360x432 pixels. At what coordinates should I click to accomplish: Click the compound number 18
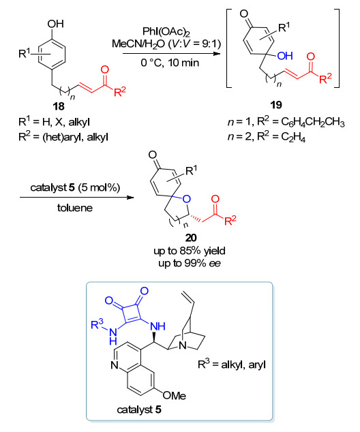pos(59,106)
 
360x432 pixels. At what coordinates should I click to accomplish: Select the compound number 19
pos(276,105)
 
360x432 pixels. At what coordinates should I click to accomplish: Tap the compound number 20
pos(191,238)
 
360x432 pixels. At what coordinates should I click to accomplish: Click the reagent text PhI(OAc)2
pos(166,31)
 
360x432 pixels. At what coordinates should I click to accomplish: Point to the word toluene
pos(75,208)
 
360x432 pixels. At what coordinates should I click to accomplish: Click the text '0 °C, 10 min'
pos(170,63)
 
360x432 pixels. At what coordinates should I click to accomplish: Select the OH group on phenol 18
pos(55,24)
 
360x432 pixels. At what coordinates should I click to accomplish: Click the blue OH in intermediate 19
pos(285,56)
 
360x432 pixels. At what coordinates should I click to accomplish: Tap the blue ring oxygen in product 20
pos(187,199)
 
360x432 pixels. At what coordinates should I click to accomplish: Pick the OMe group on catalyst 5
pos(175,396)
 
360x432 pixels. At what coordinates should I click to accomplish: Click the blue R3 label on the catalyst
pos(97,324)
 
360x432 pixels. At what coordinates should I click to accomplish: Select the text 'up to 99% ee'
pos(190,264)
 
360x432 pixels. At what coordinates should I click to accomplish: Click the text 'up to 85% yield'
pos(190,251)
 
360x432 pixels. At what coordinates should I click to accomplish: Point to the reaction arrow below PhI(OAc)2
pos(172,53)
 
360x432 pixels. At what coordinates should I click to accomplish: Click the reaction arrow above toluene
pos(76,198)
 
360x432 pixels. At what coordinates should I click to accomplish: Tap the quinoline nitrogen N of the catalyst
pos(115,365)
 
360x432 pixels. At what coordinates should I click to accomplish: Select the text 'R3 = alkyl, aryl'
pos(232,365)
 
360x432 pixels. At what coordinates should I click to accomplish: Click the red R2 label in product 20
pos(230,220)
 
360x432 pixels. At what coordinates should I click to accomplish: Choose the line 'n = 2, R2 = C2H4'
pos(267,136)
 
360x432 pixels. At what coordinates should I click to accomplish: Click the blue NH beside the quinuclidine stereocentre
pos(157,326)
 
